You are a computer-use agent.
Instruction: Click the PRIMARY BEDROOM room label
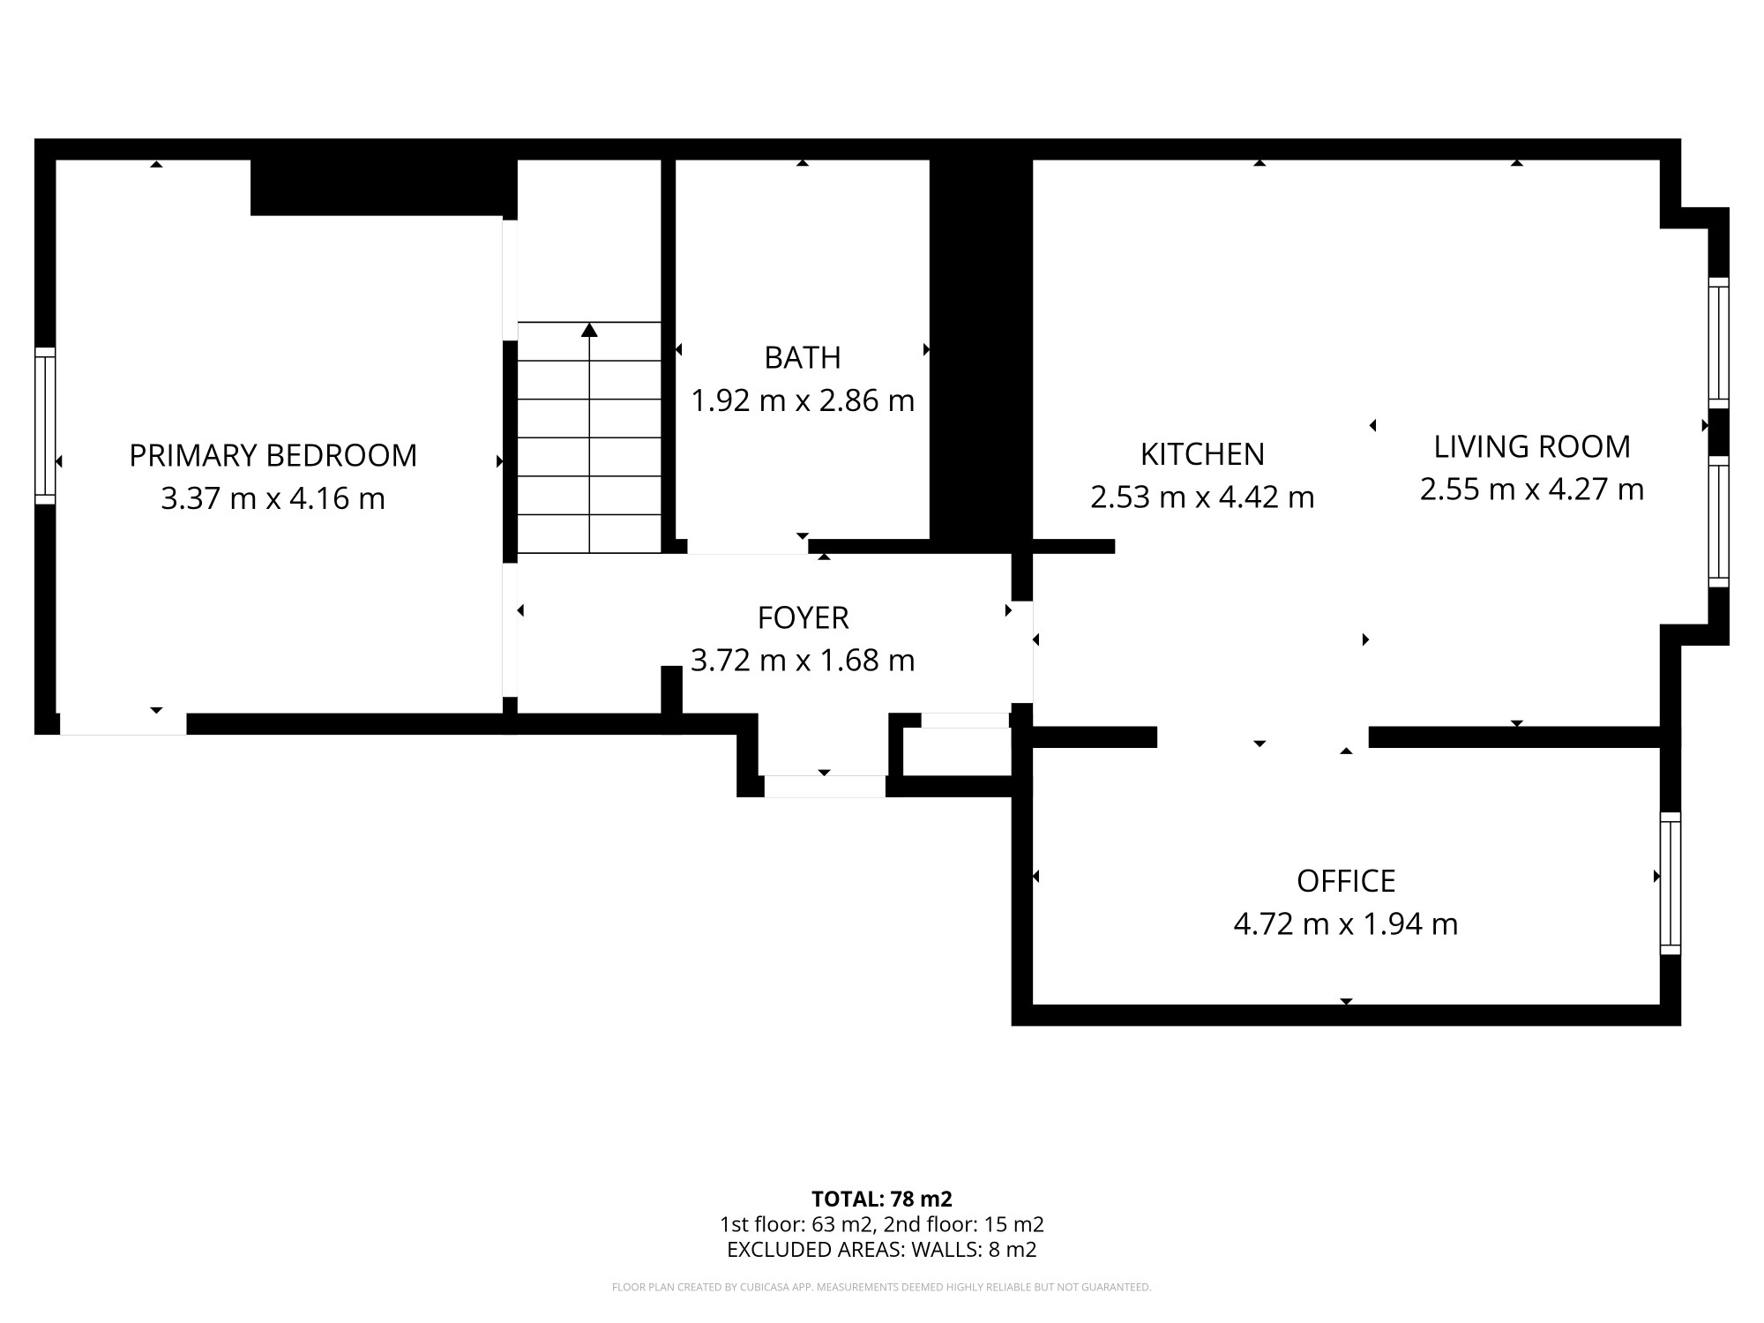point(273,455)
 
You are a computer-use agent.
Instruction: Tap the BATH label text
point(803,357)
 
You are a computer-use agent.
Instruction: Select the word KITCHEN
point(1203,454)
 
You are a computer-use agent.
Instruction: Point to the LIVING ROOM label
point(1532,447)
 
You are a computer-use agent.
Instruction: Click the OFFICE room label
point(1346,881)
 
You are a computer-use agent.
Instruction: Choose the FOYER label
point(803,618)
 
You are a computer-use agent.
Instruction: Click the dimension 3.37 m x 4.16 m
point(273,499)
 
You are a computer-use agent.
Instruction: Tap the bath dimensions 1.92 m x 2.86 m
point(803,401)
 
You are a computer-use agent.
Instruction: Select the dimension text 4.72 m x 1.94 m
point(1346,924)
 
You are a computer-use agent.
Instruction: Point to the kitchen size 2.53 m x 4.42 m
point(1203,497)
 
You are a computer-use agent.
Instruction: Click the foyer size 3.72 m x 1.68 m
point(803,661)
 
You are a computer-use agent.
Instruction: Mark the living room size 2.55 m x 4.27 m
point(1532,490)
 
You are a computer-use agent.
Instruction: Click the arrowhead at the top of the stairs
point(589,330)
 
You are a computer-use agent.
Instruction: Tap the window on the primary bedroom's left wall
point(45,426)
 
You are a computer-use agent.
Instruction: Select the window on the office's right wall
point(1671,883)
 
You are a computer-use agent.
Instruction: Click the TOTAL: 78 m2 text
point(882,1200)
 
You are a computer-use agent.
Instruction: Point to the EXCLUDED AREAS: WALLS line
point(882,1250)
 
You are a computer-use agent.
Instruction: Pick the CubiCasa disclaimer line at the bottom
point(882,1288)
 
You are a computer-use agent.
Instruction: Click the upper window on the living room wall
point(1718,343)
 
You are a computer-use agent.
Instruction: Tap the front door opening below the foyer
point(825,787)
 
